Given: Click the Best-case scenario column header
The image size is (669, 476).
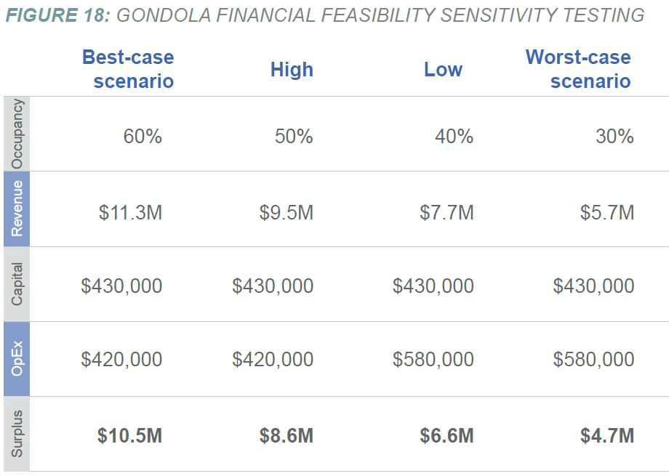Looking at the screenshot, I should coord(128,68).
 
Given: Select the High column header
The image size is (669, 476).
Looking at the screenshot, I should coord(292,70).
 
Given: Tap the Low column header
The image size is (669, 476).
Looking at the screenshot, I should coord(443,70).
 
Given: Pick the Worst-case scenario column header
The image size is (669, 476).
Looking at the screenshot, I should coord(578,68).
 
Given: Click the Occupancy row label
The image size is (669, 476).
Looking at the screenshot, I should coord(17,134).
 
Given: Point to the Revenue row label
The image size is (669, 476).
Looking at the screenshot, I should coord(17,209).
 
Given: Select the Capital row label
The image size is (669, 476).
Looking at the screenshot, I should coord(17,284).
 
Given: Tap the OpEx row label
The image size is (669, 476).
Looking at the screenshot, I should coord(17,359).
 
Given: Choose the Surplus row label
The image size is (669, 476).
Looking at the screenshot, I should coord(17,434).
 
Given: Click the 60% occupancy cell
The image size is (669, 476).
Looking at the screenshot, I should coord(142,136).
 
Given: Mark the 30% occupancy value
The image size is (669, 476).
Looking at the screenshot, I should coord(614,136).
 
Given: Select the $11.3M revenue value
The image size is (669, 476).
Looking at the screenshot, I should coord(130,212).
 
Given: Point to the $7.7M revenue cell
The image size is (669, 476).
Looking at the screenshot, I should coord(446,212).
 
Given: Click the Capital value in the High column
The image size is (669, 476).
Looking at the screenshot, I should coord(273,286).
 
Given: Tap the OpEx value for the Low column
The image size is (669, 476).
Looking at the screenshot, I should coord(433,359).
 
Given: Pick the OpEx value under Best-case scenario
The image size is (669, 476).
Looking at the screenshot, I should coord(121,359).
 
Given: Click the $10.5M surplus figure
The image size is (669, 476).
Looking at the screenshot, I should coord(129,435).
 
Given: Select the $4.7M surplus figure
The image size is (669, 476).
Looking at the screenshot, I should coord(607,435).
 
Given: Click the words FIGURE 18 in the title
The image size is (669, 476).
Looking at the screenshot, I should coord(56,15).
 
